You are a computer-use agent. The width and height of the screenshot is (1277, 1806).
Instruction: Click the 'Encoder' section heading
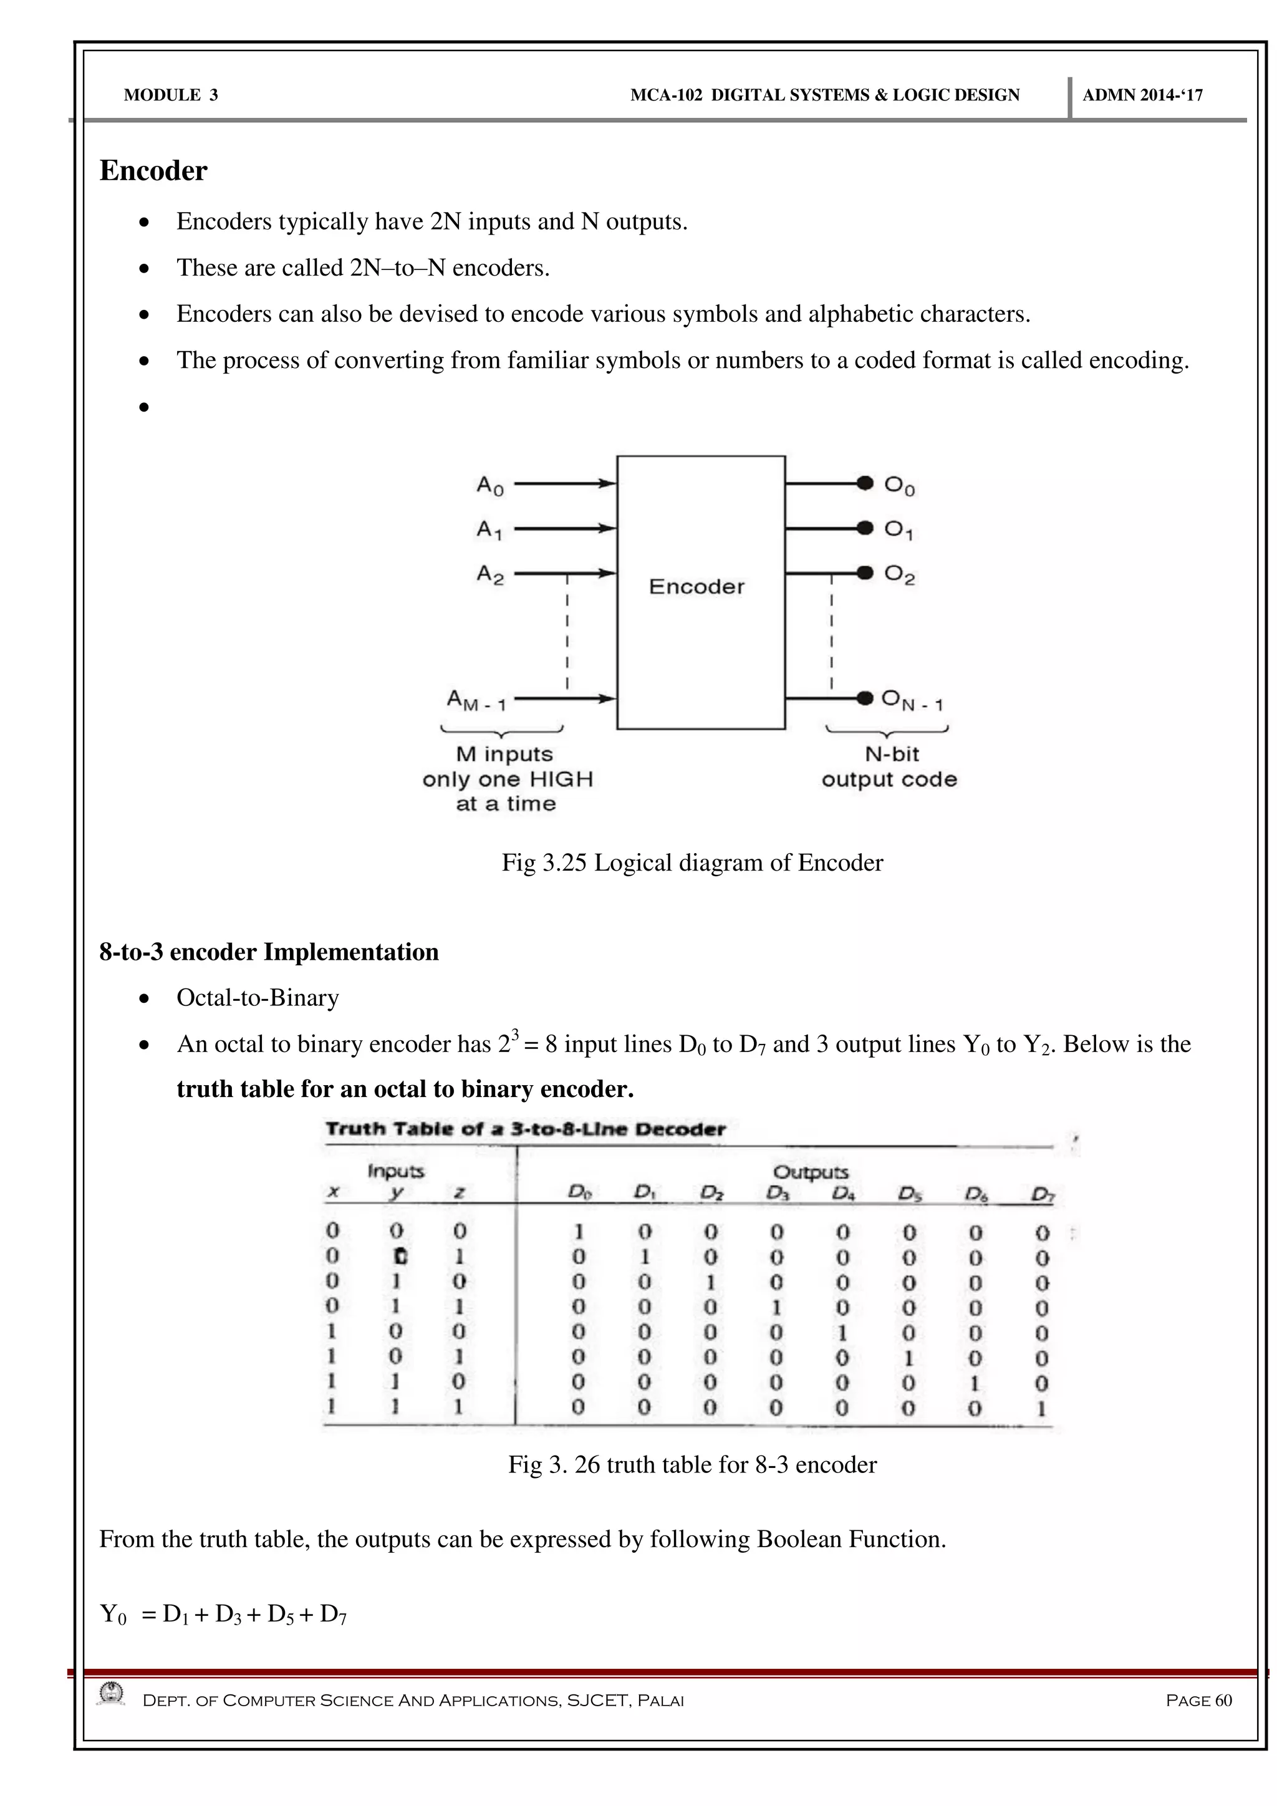[153, 171]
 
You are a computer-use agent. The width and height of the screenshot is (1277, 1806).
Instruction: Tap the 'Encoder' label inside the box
[696, 587]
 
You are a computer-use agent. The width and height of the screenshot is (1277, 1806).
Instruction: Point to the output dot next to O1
[865, 528]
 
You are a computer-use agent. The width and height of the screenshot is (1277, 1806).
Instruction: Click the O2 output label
[900, 575]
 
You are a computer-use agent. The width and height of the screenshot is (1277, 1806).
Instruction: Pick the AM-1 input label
[476, 699]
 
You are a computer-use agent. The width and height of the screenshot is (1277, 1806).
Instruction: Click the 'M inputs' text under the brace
[505, 755]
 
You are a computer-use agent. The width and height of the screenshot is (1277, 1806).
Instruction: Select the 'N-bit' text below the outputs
[892, 755]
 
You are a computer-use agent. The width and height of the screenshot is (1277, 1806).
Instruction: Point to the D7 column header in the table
[1042, 1195]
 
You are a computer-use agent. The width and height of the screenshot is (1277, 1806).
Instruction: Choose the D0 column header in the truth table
[579, 1192]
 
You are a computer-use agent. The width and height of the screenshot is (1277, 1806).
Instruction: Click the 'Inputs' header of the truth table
[395, 1171]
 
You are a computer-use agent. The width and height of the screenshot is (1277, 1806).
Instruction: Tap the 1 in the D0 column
[579, 1231]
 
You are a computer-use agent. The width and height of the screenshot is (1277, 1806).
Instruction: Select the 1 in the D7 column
[1042, 1408]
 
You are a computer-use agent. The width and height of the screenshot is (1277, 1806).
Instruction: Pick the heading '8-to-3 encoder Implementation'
[269, 952]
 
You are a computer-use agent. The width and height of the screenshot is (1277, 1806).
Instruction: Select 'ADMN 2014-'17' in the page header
[1142, 95]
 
